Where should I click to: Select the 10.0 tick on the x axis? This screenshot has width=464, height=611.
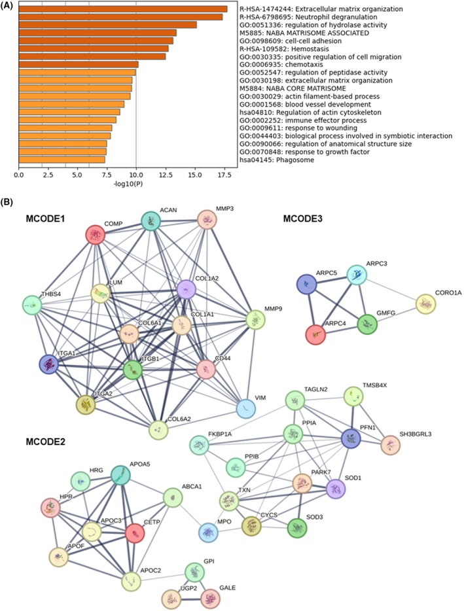click(135, 175)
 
